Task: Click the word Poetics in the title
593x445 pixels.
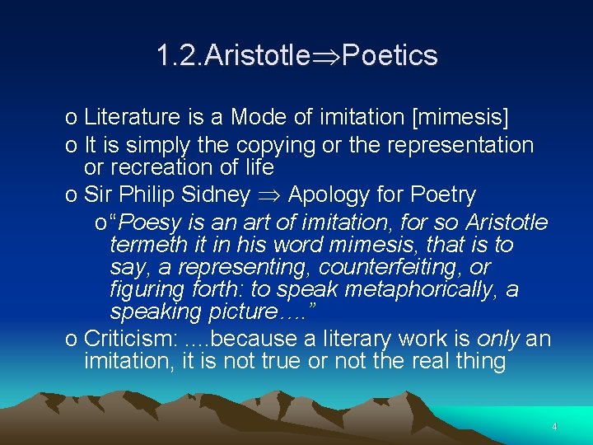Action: coord(390,56)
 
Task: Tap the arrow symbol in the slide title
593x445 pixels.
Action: coord(329,57)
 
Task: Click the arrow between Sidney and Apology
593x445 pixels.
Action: coord(269,196)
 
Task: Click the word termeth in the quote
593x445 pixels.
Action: coord(147,245)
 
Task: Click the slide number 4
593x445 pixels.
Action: coord(554,427)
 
